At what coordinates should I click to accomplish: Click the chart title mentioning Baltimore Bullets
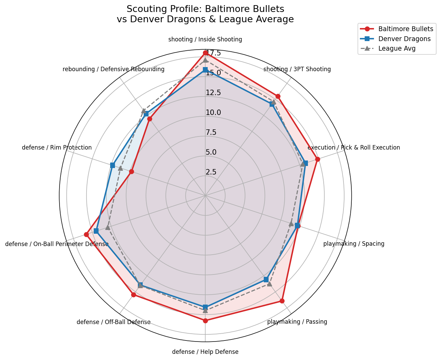[x=205, y=14]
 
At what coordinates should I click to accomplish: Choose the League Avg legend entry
[x=397, y=49]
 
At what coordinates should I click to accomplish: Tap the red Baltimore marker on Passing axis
[x=282, y=301]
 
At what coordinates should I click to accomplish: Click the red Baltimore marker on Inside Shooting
[x=205, y=53]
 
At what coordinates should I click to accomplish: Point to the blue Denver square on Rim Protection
[x=113, y=165]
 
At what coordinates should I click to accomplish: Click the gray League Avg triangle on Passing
[x=269, y=284]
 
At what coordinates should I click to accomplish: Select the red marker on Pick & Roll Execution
[x=317, y=159]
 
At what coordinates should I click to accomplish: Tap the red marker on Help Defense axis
[x=205, y=321]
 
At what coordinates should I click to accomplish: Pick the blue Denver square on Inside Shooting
[x=205, y=70]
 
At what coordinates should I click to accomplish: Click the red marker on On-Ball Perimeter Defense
[x=86, y=234]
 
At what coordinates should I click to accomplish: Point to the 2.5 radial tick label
[x=211, y=172]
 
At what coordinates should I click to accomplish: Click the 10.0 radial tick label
[x=213, y=113]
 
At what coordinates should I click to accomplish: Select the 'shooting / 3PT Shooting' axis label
[x=297, y=69]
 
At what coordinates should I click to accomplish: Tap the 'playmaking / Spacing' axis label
[x=354, y=244]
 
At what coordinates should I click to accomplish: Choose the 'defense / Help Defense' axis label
[x=205, y=352]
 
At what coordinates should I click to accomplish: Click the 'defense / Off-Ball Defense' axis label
[x=114, y=322]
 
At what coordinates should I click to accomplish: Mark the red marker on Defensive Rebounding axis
[x=150, y=119]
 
